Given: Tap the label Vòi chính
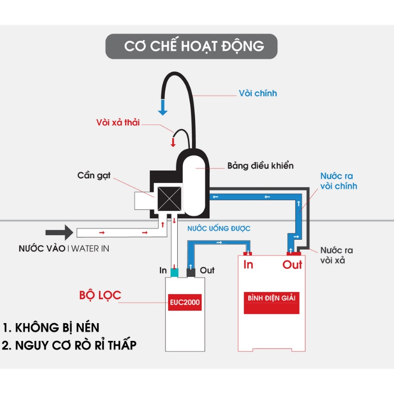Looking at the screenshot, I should pyautogui.click(x=258, y=93).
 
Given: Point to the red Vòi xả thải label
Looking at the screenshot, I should pyautogui.click(x=118, y=122).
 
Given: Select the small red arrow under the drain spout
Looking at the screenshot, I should pyautogui.click(x=173, y=142).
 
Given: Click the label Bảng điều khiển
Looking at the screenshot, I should pyautogui.click(x=260, y=165).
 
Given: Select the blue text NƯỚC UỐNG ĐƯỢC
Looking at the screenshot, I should pyautogui.click(x=219, y=229).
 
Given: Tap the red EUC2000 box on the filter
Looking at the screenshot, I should pyautogui.click(x=184, y=302).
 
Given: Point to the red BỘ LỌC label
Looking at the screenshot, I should pyautogui.click(x=100, y=295).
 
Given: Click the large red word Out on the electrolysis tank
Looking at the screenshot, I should pyautogui.click(x=292, y=265).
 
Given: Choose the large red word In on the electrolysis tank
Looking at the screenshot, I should pyautogui.click(x=249, y=265).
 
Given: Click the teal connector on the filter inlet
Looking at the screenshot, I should pyautogui.click(x=174, y=271).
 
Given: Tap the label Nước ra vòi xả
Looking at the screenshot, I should pyautogui.click(x=336, y=255).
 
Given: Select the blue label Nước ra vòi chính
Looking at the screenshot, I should pyautogui.click(x=338, y=181).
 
